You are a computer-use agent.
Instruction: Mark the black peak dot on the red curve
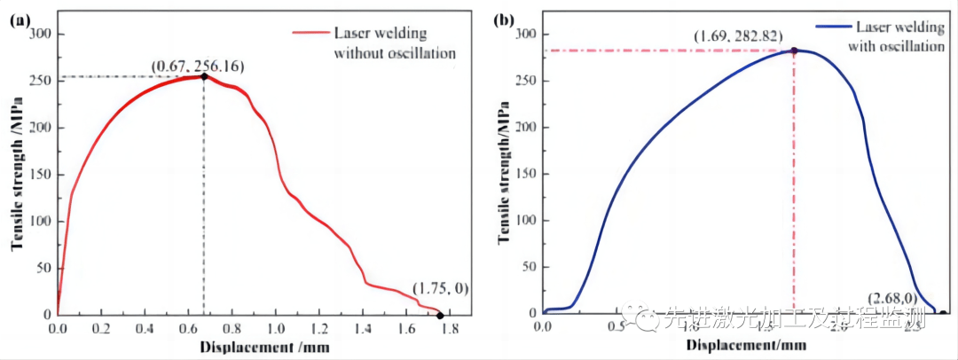[x=204, y=76]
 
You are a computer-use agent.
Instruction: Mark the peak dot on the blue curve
[x=794, y=51]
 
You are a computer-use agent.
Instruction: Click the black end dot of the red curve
[x=440, y=315]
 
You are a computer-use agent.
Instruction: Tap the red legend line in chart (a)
[x=310, y=35]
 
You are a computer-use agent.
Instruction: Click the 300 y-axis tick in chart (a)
[x=39, y=34]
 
